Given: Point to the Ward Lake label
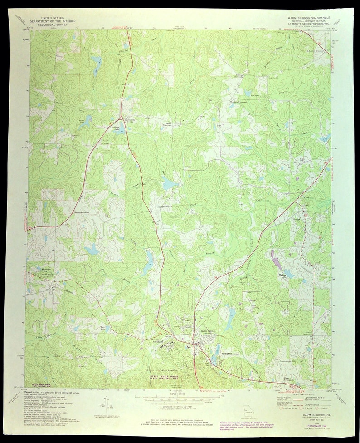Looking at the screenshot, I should pyautogui.click(x=103, y=327).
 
